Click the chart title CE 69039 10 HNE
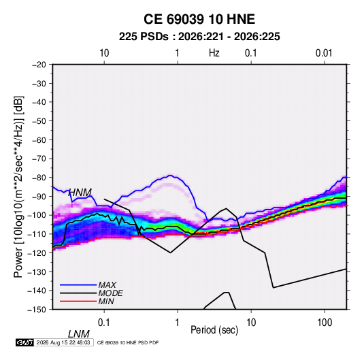tap(199, 19)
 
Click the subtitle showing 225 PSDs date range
tap(199, 37)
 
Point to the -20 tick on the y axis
tap(39, 65)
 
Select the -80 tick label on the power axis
tap(39, 178)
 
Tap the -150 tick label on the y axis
tap(37, 310)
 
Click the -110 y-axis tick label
tap(37, 234)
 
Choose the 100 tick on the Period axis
tap(325, 323)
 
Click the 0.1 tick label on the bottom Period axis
tap(104, 323)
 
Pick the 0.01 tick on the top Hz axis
tap(324, 53)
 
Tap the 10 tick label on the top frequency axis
tap(104, 53)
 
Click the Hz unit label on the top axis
tap(214, 53)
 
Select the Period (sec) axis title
tap(214, 330)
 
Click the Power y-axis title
tap(18, 187)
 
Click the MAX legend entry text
tap(107, 284)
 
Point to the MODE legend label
tap(110, 293)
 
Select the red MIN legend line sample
tap(78, 301)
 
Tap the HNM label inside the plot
tap(80, 193)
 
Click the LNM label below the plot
tap(78, 334)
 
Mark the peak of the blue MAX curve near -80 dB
tap(170, 175)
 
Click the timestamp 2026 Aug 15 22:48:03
tap(63, 342)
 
